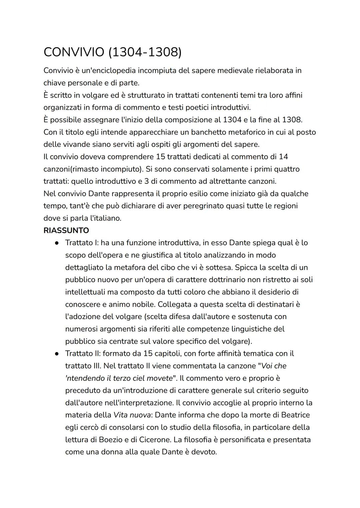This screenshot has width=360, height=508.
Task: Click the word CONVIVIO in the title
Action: coord(74,52)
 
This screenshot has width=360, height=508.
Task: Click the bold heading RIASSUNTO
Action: coord(66,231)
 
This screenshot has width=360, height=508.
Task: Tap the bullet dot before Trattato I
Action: coord(57,243)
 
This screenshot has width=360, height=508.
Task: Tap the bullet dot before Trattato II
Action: coord(57,354)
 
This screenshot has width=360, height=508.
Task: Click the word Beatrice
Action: coord(295,415)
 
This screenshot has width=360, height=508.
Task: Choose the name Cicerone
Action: coord(153,440)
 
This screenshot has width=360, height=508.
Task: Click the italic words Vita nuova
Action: coord(132,415)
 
